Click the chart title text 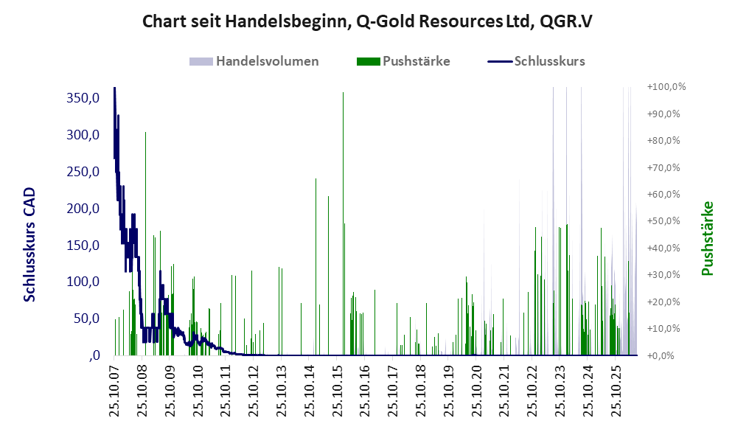(x=367, y=21)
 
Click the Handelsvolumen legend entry (x=254, y=61)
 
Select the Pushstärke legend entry (x=403, y=61)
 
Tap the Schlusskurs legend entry (x=536, y=61)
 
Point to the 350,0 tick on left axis (x=83, y=98)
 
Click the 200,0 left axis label (x=83, y=208)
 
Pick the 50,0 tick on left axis (x=86, y=319)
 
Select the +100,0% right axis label (x=666, y=87)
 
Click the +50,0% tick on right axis (x=663, y=220)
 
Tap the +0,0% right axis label (x=661, y=355)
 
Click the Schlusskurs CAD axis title (x=29, y=245)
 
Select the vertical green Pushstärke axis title (x=707, y=239)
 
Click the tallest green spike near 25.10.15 (x=343, y=223)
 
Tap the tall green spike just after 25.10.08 (x=145, y=244)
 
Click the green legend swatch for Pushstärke (x=368, y=61)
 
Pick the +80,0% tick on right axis (x=663, y=141)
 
